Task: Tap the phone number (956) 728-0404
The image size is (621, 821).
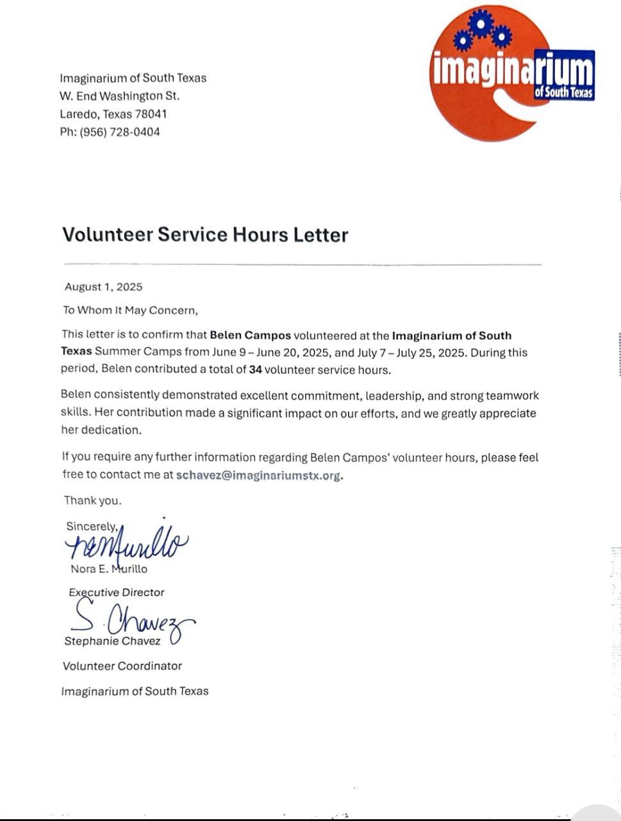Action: (120, 132)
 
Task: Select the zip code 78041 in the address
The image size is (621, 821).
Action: (151, 114)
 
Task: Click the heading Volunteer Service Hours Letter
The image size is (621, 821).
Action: (205, 234)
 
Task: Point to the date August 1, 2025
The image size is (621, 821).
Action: (104, 287)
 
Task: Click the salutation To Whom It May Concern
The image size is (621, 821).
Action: (131, 310)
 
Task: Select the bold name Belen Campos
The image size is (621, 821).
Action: (251, 335)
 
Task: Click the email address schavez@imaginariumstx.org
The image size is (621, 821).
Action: (258, 475)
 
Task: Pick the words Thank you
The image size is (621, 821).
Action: (92, 500)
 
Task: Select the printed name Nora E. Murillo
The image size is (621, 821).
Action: (109, 569)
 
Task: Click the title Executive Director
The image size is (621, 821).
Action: (117, 592)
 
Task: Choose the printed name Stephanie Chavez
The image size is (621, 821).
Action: (112, 641)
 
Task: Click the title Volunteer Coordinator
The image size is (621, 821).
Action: (122, 666)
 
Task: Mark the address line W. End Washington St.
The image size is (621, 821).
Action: (120, 96)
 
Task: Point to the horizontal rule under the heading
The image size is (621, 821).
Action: (302, 264)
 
